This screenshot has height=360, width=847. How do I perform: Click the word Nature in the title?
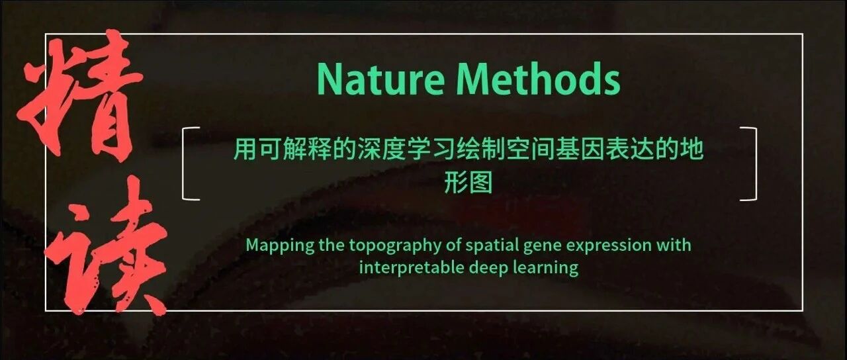tap(380, 79)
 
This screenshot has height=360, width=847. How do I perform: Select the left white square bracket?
tap(183, 163)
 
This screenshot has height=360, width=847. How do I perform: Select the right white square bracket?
tap(756, 163)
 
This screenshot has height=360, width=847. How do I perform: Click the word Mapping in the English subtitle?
tap(280, 246)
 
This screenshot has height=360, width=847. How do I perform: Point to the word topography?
tap(395, 246)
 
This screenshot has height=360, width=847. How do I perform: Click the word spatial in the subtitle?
tap(492, 246)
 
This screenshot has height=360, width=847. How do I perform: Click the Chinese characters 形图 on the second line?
tap(468, 182)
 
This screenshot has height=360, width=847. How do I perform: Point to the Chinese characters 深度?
tap(382, 149)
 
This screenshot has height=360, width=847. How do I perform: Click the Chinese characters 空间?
tap(531, 149)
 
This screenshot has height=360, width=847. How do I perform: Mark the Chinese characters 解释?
tap(307, 149)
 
